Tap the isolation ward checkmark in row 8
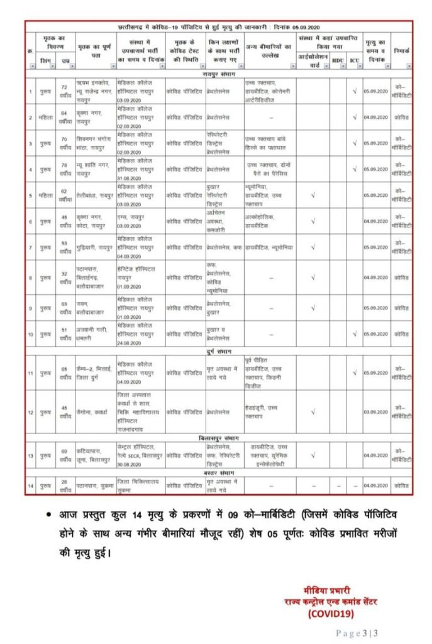(x=313, y=277)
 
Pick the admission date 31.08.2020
(x=130, y=176)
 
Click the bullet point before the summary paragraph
(x=48, y=514)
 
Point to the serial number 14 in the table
(x=31, y=485)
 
